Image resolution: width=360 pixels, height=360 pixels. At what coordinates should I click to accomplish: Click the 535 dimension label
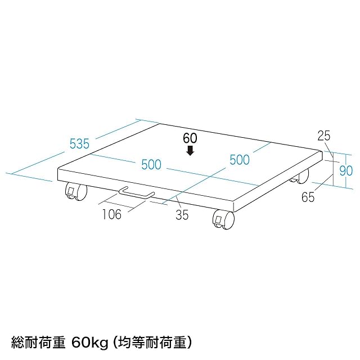tap(80, 143)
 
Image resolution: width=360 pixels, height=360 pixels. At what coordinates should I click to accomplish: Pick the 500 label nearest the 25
tap(239, 160)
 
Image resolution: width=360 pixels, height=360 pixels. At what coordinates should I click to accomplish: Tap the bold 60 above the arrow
tap(191, 137)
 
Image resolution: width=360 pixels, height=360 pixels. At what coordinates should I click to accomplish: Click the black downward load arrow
tap(191, 150)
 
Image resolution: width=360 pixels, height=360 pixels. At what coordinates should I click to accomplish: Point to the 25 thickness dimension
tap(323, 135)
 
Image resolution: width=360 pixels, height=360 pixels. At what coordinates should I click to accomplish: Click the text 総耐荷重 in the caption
tap(37, 340)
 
